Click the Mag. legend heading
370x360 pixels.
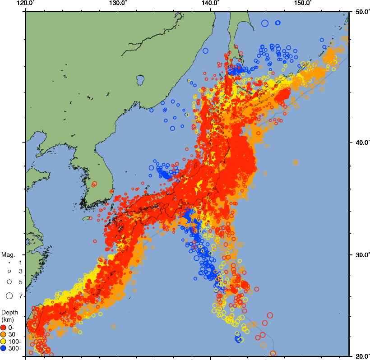pyautogui.click(x=8, y=254)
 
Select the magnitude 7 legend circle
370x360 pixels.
pyautogui.click(x=9, y=296)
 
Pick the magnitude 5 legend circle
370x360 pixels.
pyautogui.click(x=9, y=282)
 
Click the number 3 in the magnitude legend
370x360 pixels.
pyautogui.click(x=20, y=271)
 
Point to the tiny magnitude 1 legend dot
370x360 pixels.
pyautogui.click(x=9, y=262)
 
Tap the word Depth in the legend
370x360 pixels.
pyautogui.click(x=9, y=312)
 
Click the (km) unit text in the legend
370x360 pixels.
pyautogui.click(x=8, y=319)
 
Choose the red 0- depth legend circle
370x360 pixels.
pyautogui.click(x=4, y=328)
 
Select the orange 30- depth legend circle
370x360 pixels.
pyautogui.click(x=4, y=334)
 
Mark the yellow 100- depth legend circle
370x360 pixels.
pyautogui.click(x=4, y=342)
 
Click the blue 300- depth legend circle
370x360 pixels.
pyautogui.click(x=4, y=348)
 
